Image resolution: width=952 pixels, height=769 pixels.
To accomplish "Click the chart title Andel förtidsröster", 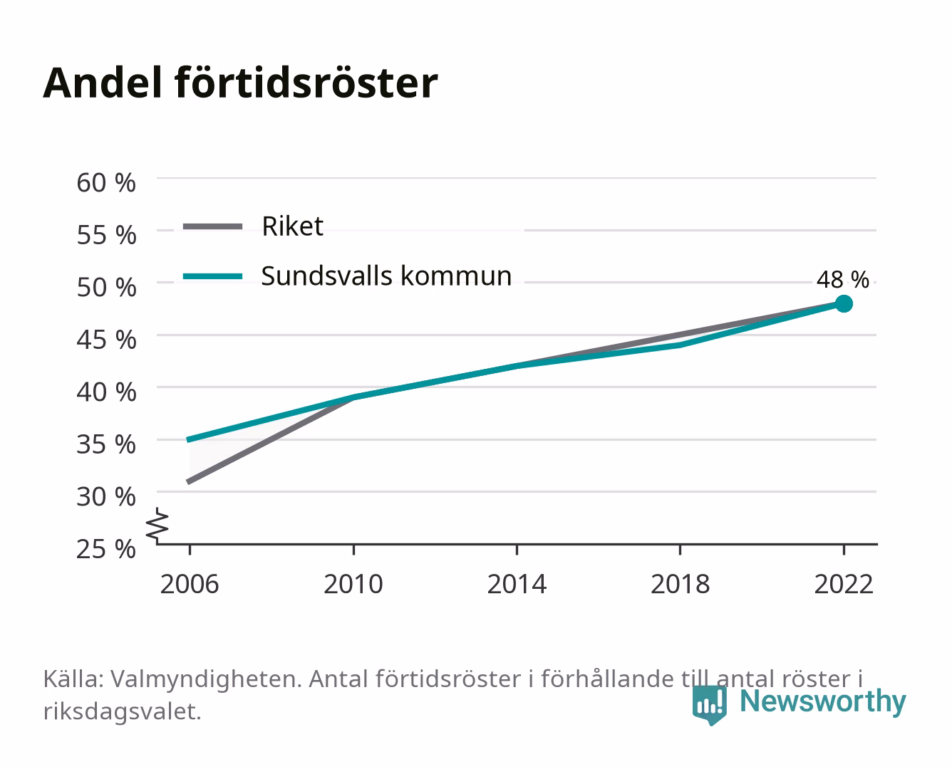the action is tap(240, 83).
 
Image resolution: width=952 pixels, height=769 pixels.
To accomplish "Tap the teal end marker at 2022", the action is tap(844, 303).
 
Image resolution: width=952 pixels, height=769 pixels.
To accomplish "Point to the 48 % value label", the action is tap(842, 280).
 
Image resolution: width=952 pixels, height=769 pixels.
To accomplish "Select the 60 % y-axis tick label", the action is tap(106, 183).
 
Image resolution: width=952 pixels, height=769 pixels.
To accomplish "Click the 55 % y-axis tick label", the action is tap(106, 235).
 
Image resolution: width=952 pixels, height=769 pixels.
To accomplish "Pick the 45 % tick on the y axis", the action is tap(106, 340).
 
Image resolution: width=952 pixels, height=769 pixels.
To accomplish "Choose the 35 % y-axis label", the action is tap(106, 444).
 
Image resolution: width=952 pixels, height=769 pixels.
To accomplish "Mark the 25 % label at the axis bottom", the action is tap(106, 549).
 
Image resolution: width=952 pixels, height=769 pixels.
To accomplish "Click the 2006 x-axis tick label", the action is tap(190, 584).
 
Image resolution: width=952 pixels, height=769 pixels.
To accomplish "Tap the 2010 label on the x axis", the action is tap(353, 584).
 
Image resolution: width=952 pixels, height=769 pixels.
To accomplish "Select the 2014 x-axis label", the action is tap(517, 584).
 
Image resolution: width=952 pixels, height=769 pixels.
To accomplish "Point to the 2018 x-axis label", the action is tap(681, 584).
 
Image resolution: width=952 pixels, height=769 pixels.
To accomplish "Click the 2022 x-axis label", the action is tap(844, 584).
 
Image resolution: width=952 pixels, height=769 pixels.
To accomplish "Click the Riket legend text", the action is tap(292, 226).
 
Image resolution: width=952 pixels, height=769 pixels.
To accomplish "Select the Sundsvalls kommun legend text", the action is tap(387, 276).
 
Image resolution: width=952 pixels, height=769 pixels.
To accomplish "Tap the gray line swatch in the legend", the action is tap(213, 226).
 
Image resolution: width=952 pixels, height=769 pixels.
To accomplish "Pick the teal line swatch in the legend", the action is tap(213, 276).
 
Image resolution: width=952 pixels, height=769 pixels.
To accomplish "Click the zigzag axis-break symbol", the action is tap(157, 525).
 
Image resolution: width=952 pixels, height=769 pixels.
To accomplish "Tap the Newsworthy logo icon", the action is tap(709, 705).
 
